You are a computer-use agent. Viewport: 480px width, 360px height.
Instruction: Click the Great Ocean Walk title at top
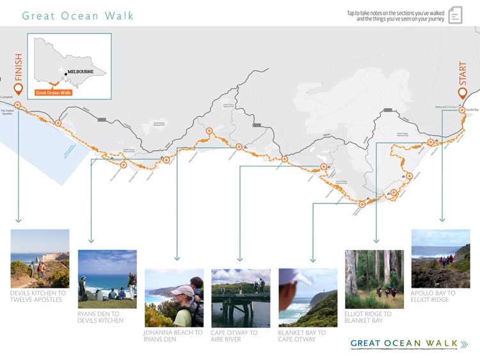coord(78,15)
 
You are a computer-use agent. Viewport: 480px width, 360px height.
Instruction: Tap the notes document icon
coord(455,15)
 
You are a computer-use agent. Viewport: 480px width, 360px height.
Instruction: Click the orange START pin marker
coord(463,93)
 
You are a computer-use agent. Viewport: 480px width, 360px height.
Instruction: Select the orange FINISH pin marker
coord(18,90)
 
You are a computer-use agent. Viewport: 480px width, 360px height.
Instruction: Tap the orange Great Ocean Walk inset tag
coord(54,93)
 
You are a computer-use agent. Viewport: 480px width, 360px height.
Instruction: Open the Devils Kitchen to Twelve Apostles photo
coord(40,258)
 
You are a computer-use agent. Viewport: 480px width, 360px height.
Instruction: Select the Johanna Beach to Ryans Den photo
coord(174,297)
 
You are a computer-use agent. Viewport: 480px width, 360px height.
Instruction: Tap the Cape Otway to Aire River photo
coord(241,297)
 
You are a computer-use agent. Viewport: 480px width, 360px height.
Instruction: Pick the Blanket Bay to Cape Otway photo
coord(308,297)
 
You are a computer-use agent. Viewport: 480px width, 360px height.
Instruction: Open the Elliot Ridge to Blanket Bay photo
coord(374,279)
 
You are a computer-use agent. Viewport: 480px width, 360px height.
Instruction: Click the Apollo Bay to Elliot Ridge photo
coord(440,258)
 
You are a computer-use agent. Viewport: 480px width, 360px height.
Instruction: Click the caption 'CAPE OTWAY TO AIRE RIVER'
coord(234,336)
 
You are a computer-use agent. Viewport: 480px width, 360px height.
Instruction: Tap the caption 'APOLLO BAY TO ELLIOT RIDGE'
coord(434,296)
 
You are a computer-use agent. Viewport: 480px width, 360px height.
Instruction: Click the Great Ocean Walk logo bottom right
coord(409,344)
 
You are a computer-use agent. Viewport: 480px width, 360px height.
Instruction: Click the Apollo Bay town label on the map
coord(473,110)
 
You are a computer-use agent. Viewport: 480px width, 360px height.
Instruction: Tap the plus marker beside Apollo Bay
coord(462,110)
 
